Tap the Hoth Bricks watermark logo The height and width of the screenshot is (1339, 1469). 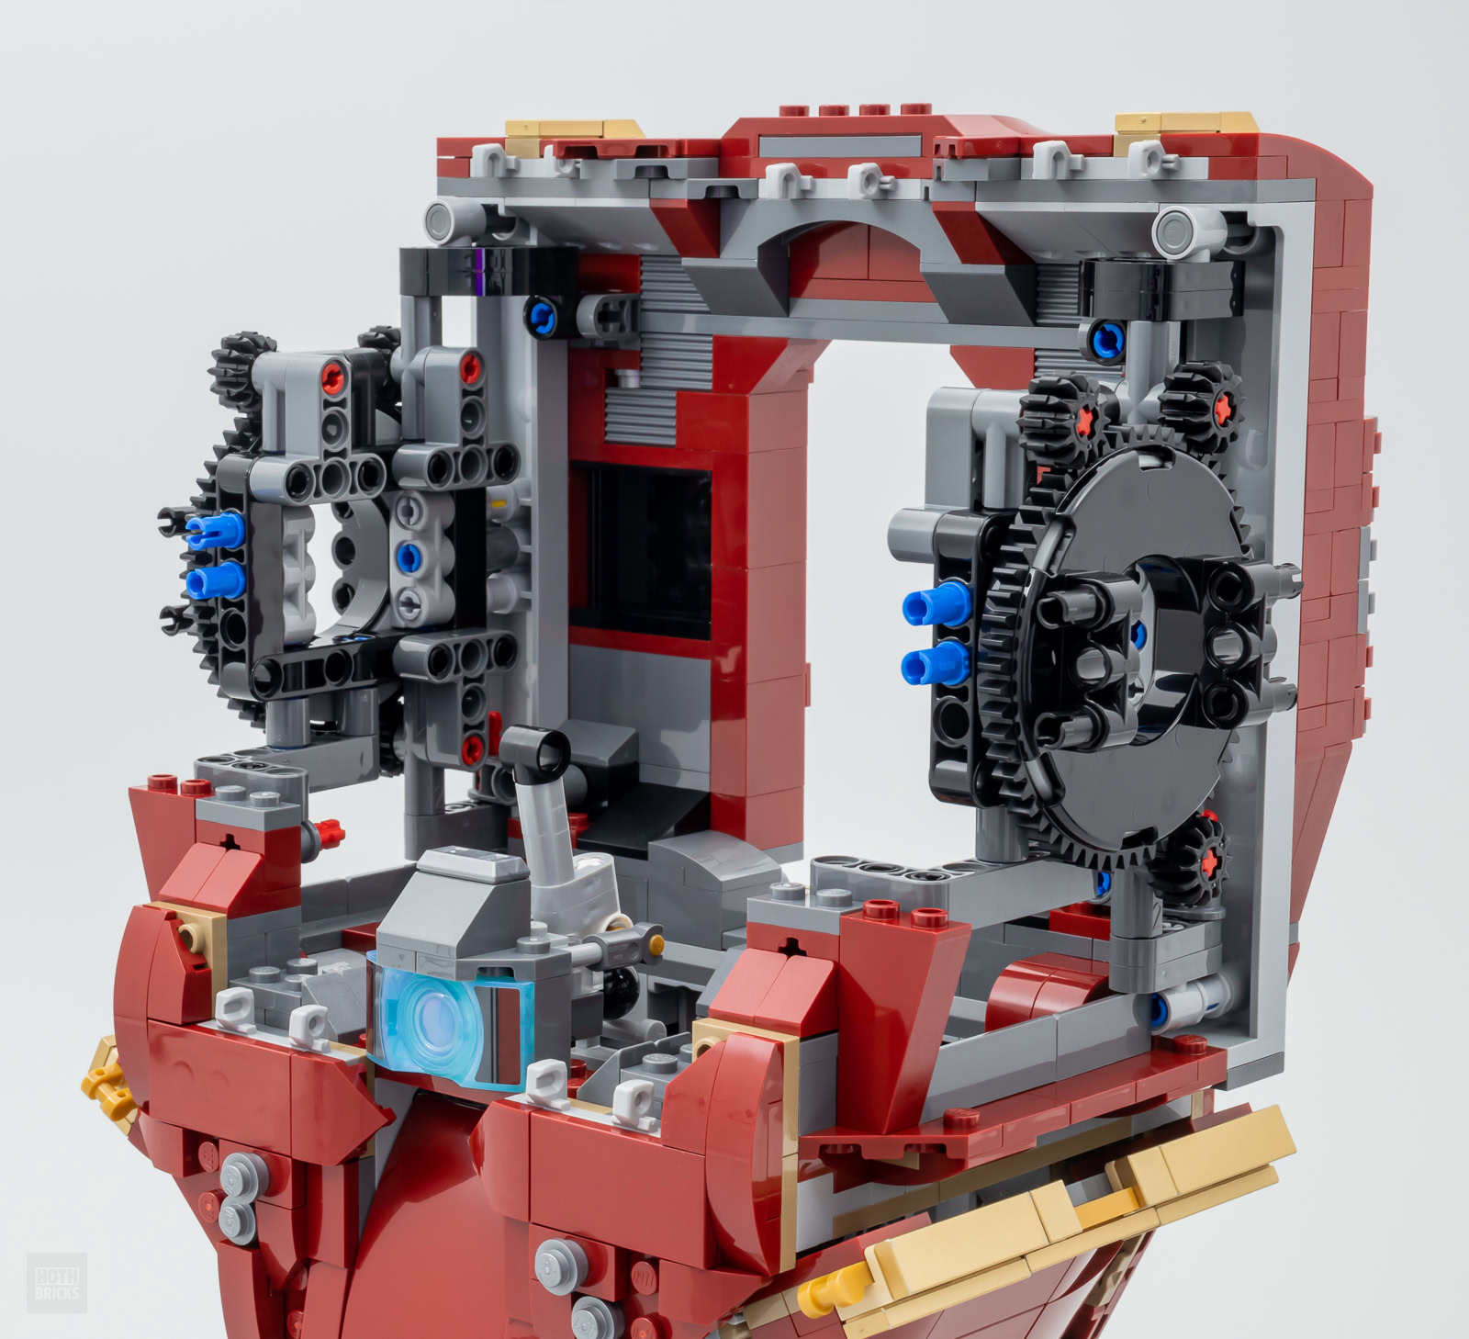(57, 1282)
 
